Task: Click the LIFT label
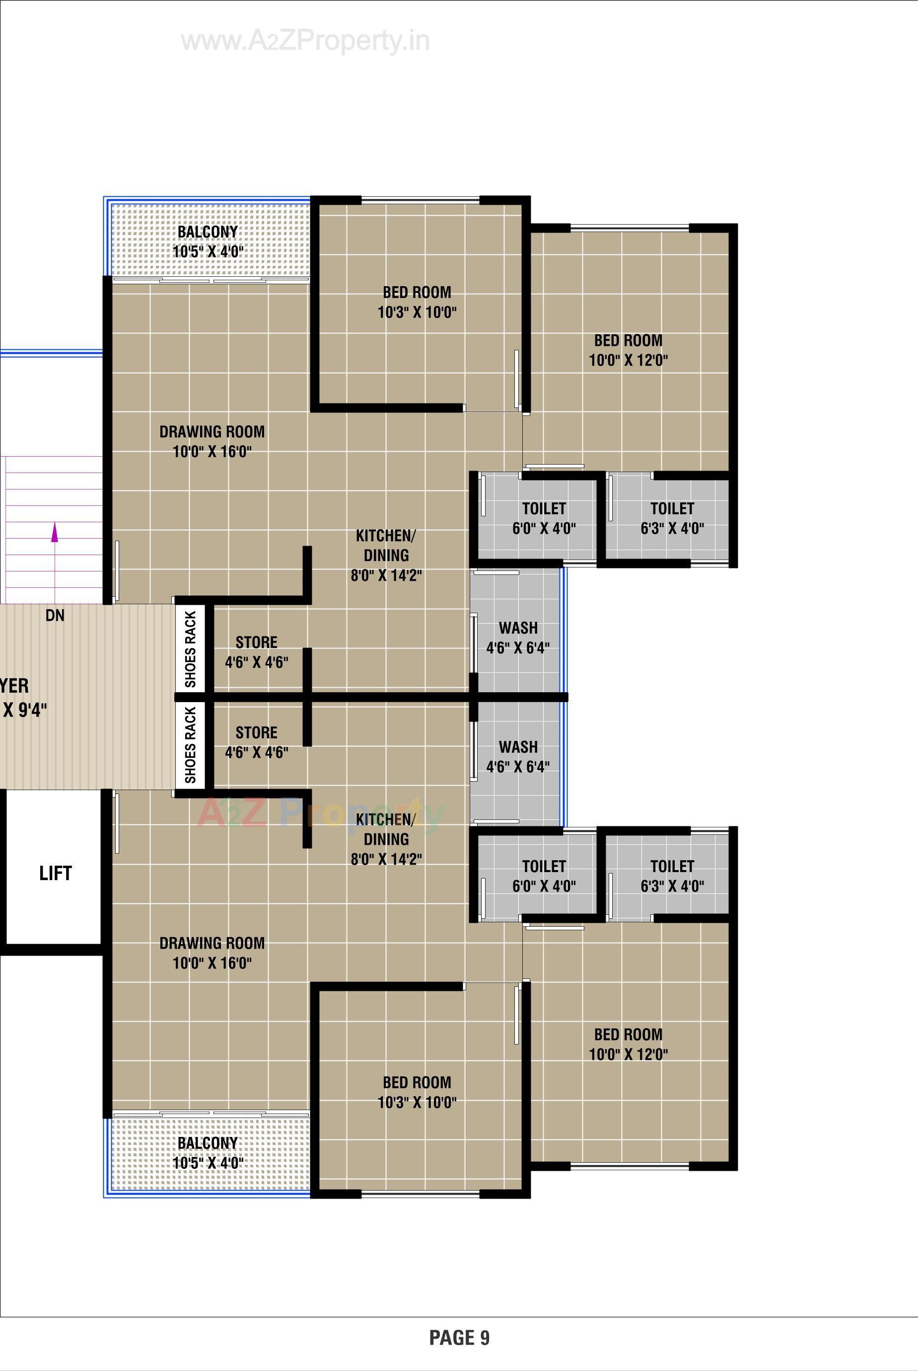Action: coord(55,873)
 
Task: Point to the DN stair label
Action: coord(55,615)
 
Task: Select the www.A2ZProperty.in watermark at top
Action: coord(305,41)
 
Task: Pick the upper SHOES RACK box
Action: coord(190,649)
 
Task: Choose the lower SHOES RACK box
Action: coord(190,745)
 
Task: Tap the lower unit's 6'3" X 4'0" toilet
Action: coord(672,876)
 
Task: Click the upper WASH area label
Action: coord(518,628)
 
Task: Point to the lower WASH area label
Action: coord(518,747)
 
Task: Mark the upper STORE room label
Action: coord(256,642)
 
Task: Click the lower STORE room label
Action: coord(256,732)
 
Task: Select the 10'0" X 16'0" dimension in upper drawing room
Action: coord(212,452)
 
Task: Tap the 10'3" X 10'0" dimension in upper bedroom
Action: coord(417,312)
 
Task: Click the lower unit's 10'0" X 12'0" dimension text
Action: coord(628,1054)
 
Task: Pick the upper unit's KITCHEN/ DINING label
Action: coord(386,546)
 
